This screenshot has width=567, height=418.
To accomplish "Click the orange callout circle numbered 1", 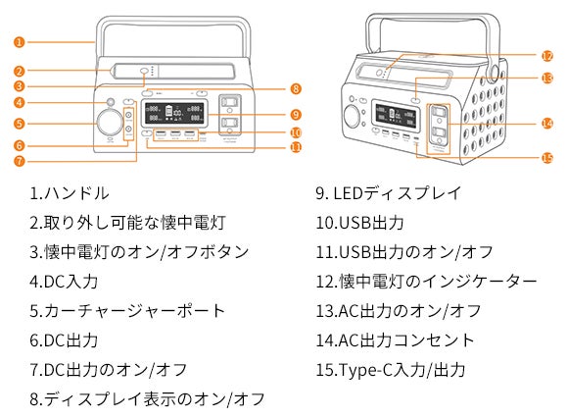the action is (x=20, y=42).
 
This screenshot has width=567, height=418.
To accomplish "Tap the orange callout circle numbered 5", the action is (x=20, y=124).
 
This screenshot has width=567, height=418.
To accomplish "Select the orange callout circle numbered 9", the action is (x=296, y=115).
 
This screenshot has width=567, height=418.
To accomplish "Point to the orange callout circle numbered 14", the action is (x=546, y=124).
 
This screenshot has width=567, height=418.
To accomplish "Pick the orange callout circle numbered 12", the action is (x=546, y=56).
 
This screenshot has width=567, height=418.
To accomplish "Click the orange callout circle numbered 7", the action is (x=20, y=161).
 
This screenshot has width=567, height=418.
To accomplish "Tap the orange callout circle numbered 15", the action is (x=546, y=158).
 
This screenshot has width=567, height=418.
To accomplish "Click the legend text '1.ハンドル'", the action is (x=70, y=192).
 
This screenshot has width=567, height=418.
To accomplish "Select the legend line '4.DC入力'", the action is (x=64, y=282).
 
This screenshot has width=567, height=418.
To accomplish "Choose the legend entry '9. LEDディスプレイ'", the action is (x=389, y=192).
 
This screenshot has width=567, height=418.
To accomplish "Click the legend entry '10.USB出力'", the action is (x=359, y=223).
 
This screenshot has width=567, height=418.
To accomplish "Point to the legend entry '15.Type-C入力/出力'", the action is (x=391, y=370).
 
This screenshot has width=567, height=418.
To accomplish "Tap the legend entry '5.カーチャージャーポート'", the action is (x=127, y=311).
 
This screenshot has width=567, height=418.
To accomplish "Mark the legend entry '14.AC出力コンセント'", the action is (x=395, y=340).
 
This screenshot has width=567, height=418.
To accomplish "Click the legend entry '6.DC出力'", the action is (x=64, y=340).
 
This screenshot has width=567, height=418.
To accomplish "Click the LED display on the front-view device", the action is (x=174, y=114).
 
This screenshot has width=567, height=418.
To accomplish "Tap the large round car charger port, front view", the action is (x=110, y=123).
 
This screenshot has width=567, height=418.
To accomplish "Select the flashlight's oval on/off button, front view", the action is (x=144, y=71).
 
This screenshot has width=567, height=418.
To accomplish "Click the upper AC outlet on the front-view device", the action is (x=229, y=103).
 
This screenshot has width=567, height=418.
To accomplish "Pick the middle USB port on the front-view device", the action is (x=175, y=134).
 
